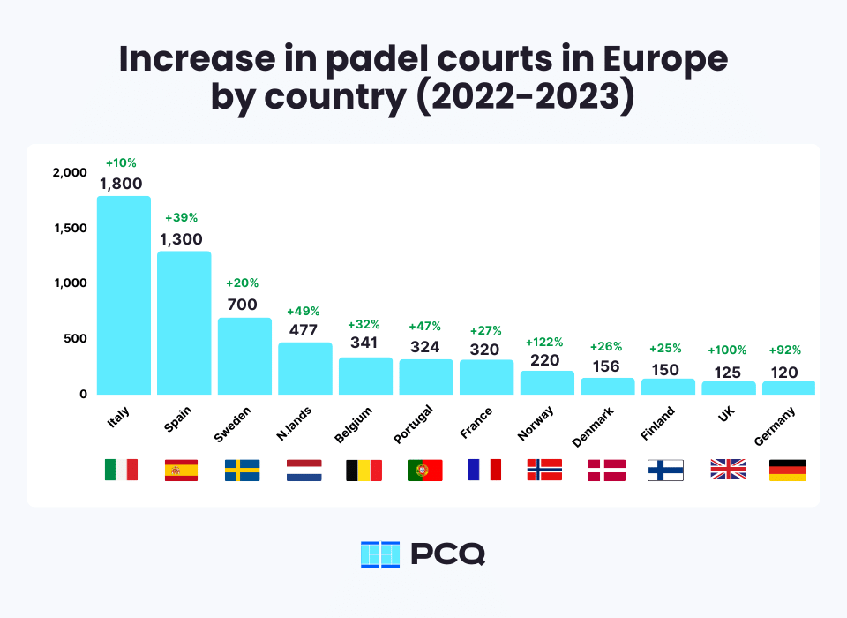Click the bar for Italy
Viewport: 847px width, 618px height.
(124, 295)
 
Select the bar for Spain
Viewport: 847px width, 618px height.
(184, 323)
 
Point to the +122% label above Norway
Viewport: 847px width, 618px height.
(546, 342)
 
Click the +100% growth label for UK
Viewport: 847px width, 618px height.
(728, 350)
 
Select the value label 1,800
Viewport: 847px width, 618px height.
(124, 184)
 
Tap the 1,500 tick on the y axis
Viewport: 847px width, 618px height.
(69, 228)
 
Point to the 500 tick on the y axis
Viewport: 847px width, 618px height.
(74, 339)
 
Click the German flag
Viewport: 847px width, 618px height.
(788, 470)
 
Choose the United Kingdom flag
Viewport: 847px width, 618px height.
(728, 470)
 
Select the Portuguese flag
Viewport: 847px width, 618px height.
(425, 470)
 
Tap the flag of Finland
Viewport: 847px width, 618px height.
(667, 470)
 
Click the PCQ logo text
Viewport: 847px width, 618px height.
(447, 554)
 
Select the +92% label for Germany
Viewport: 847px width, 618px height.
(785, 350)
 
